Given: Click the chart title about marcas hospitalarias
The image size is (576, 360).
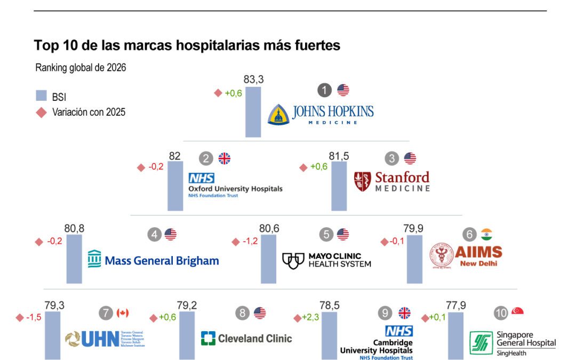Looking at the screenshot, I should [x=187, y=45].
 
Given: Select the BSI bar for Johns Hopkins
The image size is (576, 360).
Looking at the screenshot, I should [x=253, y=111].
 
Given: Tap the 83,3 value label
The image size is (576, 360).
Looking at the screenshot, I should [x=254, y=79].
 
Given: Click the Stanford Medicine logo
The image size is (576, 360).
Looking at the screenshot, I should [x=392, y=181].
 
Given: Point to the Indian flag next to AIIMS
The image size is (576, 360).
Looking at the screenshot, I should [x=486, y=234].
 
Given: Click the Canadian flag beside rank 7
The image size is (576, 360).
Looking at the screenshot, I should [x=123, y=313].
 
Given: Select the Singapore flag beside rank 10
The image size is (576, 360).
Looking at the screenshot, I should [x=517, y=312].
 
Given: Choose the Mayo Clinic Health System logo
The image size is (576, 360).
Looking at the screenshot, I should [x=326, y=260].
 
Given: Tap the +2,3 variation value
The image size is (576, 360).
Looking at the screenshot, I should [x=311, y=318].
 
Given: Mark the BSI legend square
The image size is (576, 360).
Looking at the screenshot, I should [x=42, y=96].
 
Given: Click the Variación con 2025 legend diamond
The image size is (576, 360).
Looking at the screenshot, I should [x=42, y=112].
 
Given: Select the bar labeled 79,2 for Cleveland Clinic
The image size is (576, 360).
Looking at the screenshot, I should [x=187, y=335].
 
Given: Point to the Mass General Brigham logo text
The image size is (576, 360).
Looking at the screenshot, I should [x=154, y=260].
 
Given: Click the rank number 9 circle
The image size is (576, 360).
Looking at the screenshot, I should [x=385, y=313].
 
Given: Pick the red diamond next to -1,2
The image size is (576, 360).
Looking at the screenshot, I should [x=236, y=242].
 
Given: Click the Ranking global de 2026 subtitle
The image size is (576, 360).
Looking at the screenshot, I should [x=81, y=68].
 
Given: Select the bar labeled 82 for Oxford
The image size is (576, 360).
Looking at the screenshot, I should [x=175, y=186].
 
